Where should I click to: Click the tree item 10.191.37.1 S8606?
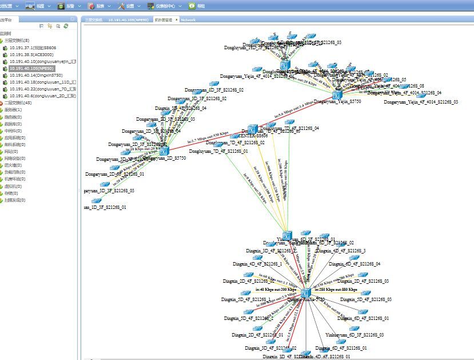pyautogui.click(x=33, y=48)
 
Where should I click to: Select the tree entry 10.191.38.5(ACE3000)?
pyautogui.click(x=31, y=54)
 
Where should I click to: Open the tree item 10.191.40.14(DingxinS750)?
pyautogui.click(x=35, y=75)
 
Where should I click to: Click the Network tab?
pyautogui.click(x=188, y=19)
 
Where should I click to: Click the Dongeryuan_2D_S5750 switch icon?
pyautogui.click(x=164, y=151)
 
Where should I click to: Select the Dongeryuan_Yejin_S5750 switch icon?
pyautogui.click(x=337, y=95)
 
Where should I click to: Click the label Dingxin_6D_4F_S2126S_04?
pyautogui.click(x=354, y=264)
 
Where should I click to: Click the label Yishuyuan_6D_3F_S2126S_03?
pyautogui.click(x=354, y=334)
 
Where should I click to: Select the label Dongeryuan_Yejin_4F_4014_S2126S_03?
pyautogui.click(x=420, y=102)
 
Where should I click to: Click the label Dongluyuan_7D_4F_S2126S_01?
pyautogui.click(x=218, y=152)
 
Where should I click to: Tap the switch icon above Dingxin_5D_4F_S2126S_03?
pyautogui.click(x=365, y=293)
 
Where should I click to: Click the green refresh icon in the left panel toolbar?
pyautogui.click(x=66, y=26)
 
